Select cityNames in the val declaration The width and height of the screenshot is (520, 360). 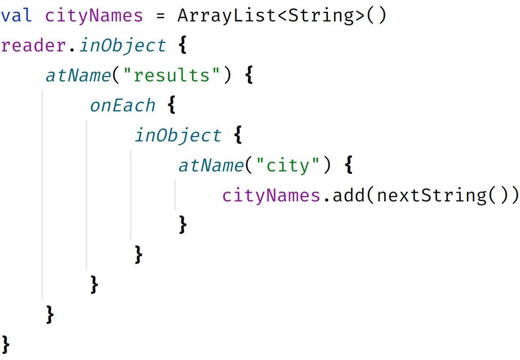point(94,16)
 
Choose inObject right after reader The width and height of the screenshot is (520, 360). point(123,46)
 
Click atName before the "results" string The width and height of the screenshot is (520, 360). point(78,76)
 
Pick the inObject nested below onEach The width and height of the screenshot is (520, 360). point(178,136)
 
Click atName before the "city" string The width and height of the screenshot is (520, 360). point(210,166)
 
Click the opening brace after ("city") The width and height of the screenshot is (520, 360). point(348,166)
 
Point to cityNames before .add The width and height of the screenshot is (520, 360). point(271,195)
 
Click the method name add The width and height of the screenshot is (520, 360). point(348,195)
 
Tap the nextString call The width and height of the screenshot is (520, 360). point(431,195)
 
